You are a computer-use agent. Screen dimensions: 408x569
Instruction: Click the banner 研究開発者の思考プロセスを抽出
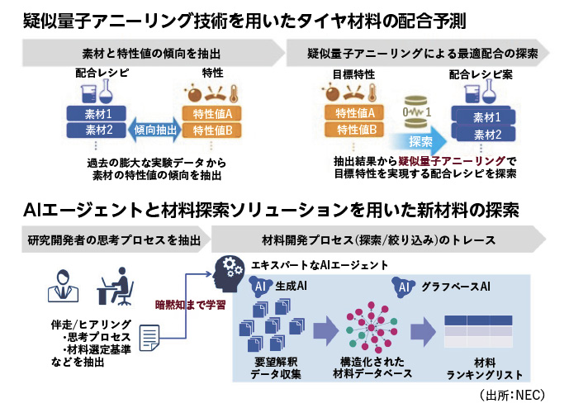coord(111,240)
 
